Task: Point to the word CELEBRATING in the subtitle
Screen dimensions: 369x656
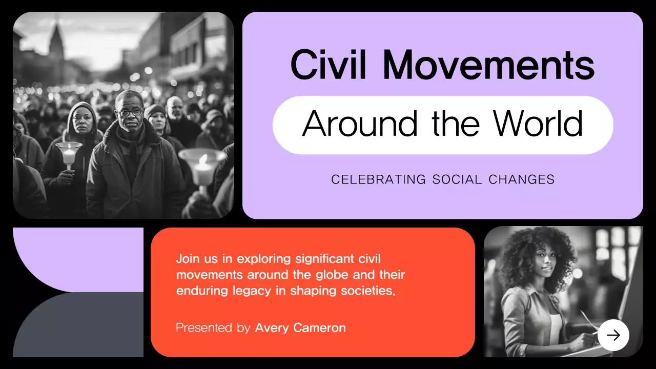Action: [x=379, y=180]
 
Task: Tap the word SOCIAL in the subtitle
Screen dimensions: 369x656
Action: [x=457, y=180]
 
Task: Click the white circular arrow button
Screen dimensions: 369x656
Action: [x=613, y=335]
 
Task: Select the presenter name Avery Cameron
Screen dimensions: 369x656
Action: [x=300, y=328]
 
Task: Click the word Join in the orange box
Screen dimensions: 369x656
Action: [x=188, y=259]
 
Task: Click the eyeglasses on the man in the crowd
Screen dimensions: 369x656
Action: [x=130, y=112]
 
